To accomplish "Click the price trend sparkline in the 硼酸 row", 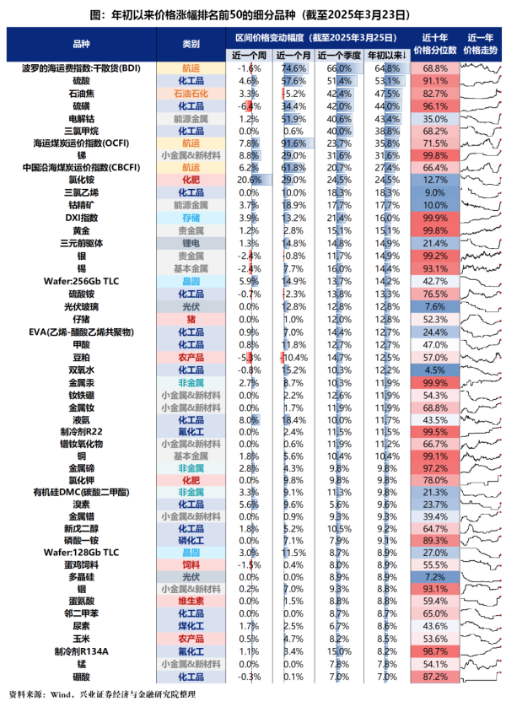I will point(481,677).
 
